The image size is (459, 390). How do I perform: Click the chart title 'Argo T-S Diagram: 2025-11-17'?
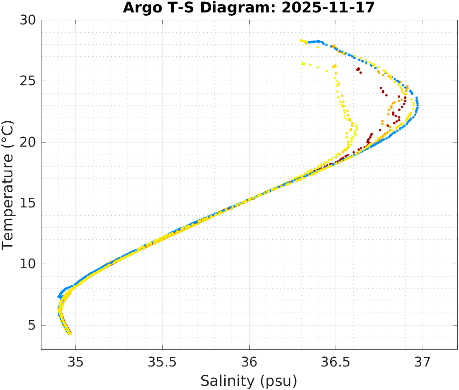[249, 8]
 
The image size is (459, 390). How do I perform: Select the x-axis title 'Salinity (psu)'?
[249, 381]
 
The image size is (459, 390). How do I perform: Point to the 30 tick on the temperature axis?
[30, 20]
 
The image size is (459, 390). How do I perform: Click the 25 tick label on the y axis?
[30, 81]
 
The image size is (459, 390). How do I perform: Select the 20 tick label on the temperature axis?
[30, 142]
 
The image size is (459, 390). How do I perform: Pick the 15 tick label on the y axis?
[30, 203]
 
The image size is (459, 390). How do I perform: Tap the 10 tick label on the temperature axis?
[30, 264]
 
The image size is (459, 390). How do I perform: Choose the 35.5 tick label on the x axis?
[162, 361]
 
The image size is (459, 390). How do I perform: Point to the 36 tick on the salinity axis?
[249, 361]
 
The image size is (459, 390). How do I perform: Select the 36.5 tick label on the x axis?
[336, 361]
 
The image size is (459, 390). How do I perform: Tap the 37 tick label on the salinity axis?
[423, 361]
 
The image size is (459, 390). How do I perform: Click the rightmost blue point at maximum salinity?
[418, 105]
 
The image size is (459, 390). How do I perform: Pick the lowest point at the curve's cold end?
[70, 334]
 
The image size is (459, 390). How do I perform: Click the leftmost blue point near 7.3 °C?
[59, 296]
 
